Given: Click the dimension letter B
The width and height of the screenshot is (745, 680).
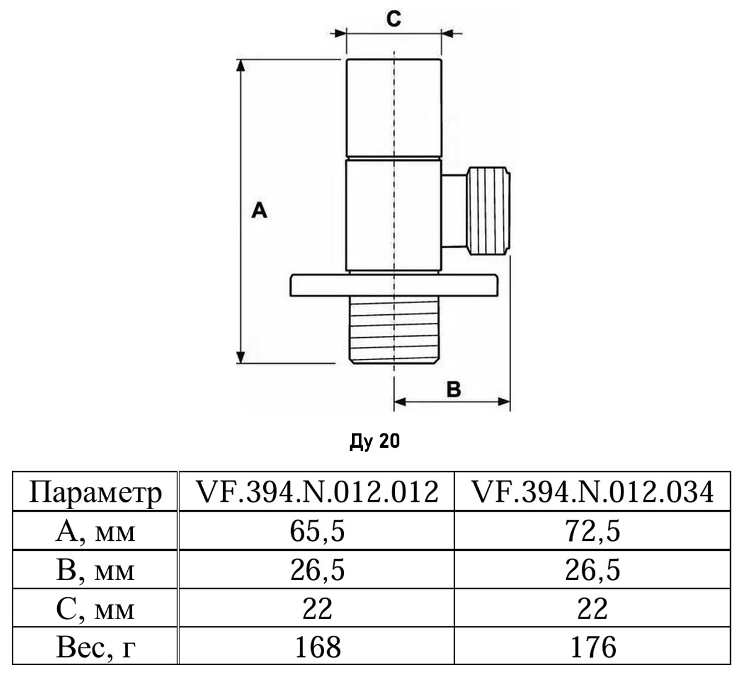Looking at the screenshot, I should [x=454, y=389].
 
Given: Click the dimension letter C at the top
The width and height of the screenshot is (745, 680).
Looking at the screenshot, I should [x=394, y=19].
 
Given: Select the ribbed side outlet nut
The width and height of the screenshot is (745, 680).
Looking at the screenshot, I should [x=490, y=211].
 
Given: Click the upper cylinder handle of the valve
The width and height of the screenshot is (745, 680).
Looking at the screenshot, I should [x=394, y=109].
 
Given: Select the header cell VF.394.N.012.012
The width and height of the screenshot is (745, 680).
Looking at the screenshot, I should [x=317, y=493].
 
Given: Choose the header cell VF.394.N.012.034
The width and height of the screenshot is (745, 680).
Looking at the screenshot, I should [x=593, y=493].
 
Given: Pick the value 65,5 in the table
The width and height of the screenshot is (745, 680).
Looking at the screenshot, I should [x=317, y=532].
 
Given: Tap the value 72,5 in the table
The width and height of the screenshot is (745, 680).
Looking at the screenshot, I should [x=593, y=532].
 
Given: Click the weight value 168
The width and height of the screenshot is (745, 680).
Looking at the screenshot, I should [x=317, y=647].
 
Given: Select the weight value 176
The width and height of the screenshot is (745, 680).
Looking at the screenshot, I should [x=593, y=647].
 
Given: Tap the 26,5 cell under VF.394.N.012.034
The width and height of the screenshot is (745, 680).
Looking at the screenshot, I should [x=593, y=571].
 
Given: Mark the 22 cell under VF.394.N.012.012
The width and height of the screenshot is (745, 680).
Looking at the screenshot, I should [x=317, y=609].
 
